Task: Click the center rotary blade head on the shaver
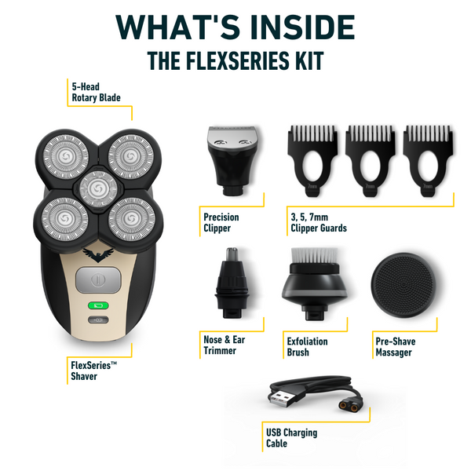click(x=98, y=189)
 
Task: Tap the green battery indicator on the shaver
click(x=98, y=305)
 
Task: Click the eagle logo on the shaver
click(x=98, y=254)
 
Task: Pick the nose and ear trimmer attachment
click(x=232, y=283)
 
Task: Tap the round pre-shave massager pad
click(x=403, y=285)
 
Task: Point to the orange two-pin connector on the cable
click(x=350, y=407)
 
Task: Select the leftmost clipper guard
click(x=312, y=161)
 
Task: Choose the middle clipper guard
click(x=370, y=161)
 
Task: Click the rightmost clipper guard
click(x=428, y=161)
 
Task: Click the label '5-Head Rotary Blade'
click(x=96, y=92)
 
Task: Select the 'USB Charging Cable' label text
click(x=291, y=438)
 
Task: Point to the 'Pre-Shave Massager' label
click(x=396, y=347)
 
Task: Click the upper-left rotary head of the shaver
click(x=65, y=156)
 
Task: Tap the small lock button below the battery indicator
click(x=98, y=320)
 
